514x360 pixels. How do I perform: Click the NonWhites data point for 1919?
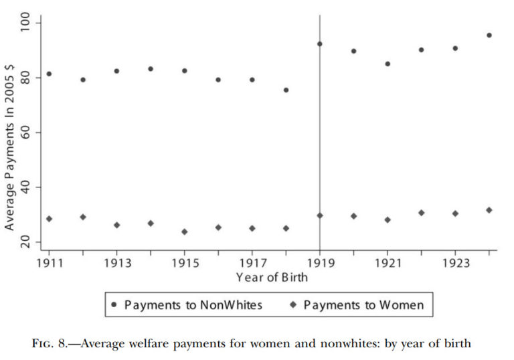320,44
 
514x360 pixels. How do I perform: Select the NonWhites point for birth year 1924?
489,35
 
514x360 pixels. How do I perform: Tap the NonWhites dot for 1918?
286,90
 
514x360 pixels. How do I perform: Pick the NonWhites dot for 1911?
49,74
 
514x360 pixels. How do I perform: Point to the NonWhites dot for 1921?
388,64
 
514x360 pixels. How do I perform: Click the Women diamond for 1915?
184,232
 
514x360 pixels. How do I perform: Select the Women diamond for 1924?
489,210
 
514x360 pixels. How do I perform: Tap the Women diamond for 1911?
49,219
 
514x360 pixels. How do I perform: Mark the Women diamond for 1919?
320,215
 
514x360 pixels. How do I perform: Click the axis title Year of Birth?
269,277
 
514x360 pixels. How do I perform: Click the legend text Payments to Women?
363,305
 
